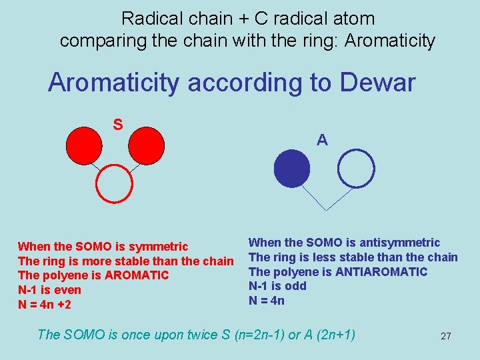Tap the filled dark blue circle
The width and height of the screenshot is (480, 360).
tap(293, 169)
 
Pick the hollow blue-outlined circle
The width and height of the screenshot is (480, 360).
tap(357, 169)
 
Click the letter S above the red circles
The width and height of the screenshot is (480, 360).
tap(117, 124)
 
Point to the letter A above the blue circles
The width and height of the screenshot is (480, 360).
tap(322, 140)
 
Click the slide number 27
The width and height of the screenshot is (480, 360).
tap(446, 336)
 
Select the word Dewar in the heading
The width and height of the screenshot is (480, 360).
tap(377, 83)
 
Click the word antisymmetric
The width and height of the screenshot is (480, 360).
tap(401, 243)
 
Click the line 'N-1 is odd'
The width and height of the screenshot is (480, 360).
tap(277, 286)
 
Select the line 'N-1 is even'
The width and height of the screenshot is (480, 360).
tap(49, 290)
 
